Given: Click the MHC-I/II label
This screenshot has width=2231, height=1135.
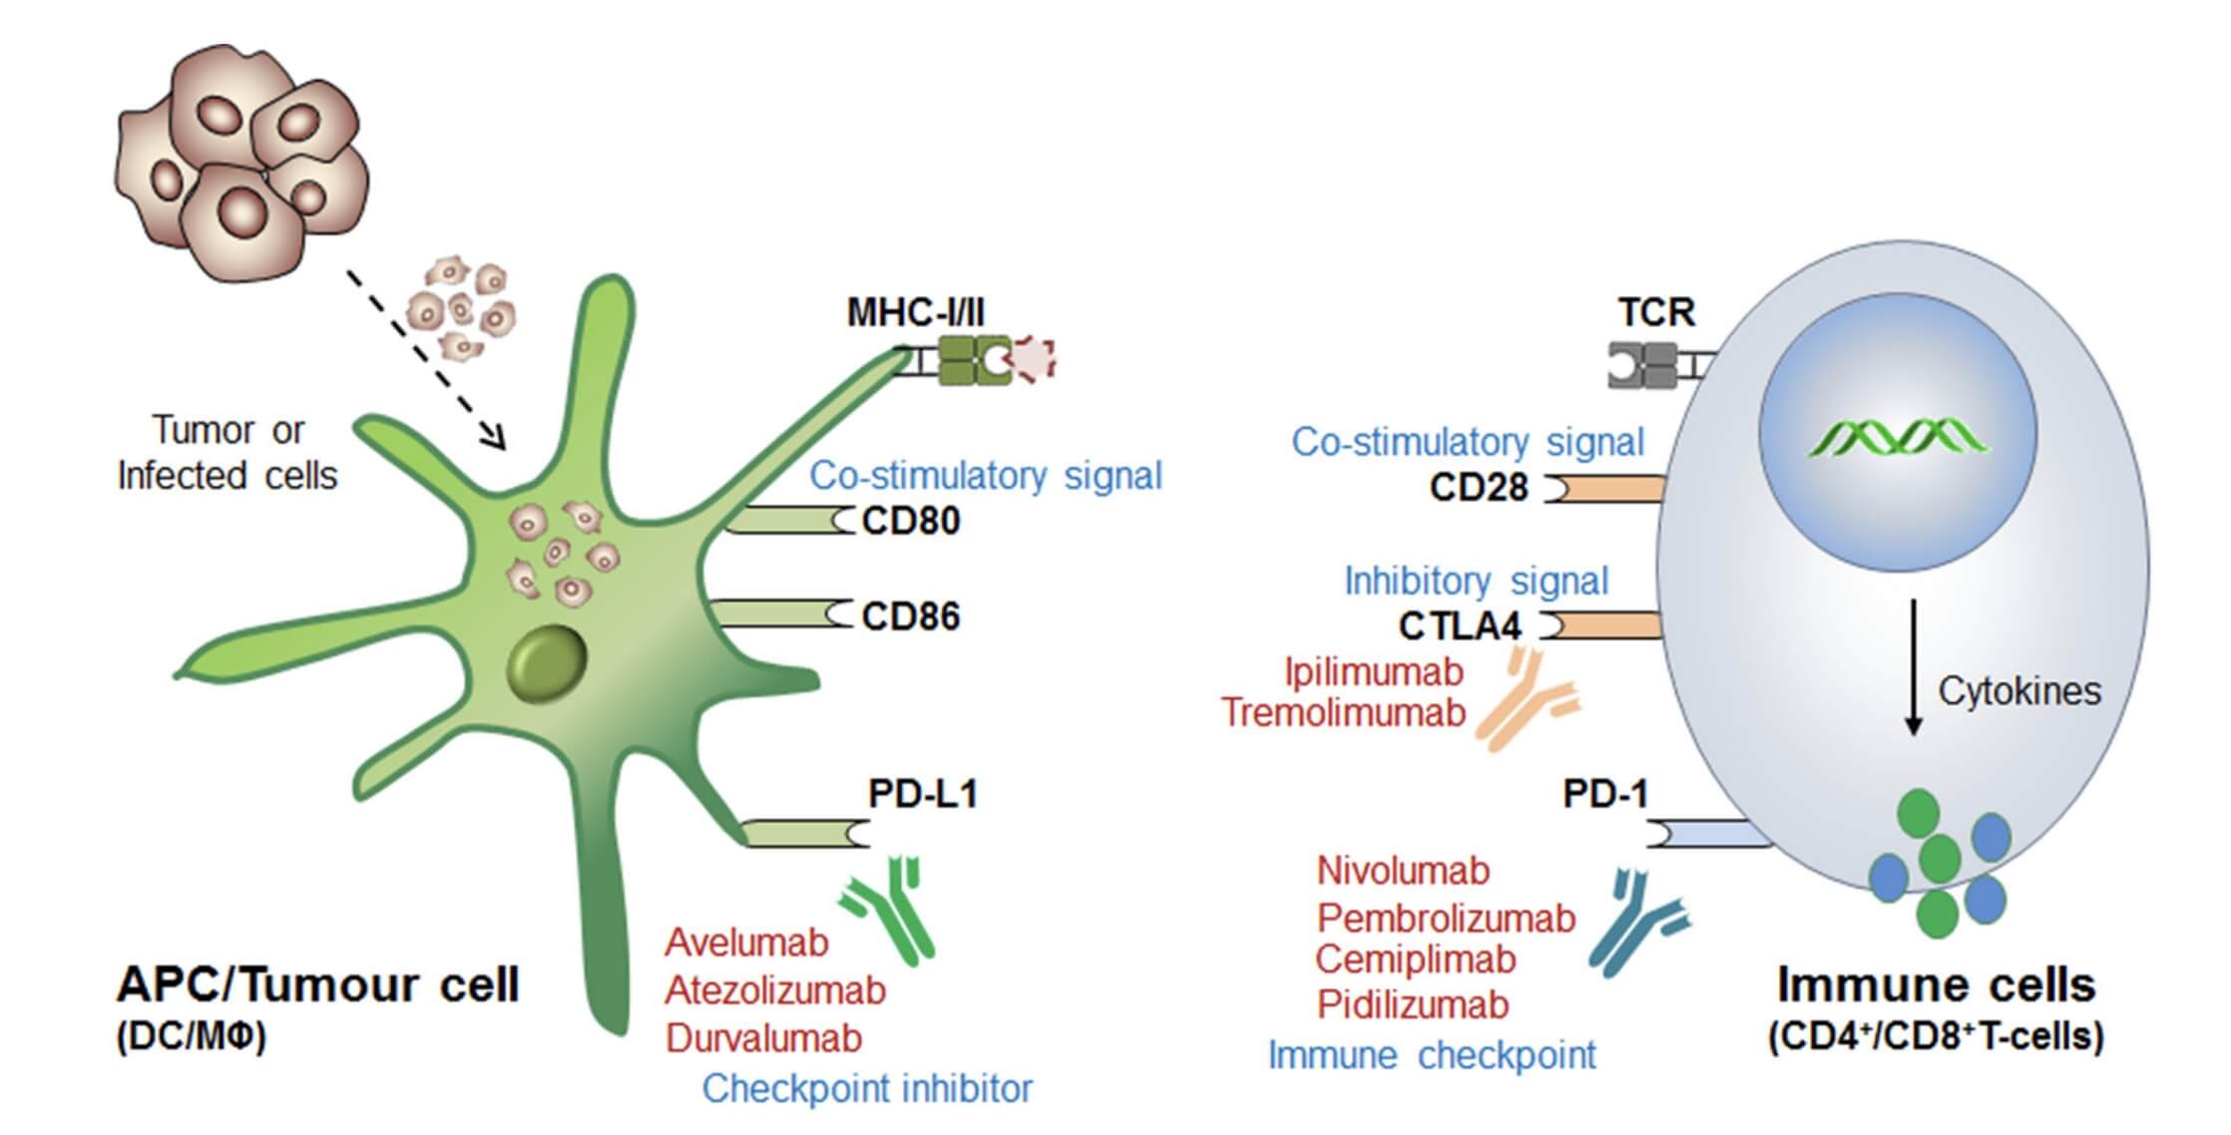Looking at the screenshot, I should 915,312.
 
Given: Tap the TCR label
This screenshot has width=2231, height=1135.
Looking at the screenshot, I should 1656,312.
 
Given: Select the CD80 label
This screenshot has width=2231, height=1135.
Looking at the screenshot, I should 910,521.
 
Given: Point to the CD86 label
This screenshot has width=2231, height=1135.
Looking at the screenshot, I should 910,616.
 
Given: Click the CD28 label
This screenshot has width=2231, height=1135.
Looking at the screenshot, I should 1479,488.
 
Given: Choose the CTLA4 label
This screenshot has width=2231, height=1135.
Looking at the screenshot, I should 1460,626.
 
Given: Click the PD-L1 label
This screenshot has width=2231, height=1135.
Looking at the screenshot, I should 923,794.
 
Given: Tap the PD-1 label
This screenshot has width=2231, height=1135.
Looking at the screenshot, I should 1605,794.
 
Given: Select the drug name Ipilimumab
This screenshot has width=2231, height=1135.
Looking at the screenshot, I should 1374,672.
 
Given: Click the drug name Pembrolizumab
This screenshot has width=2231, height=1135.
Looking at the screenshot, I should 1446,918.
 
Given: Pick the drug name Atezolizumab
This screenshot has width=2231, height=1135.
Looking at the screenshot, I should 775,990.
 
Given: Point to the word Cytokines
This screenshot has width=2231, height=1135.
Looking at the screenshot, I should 2019,691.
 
